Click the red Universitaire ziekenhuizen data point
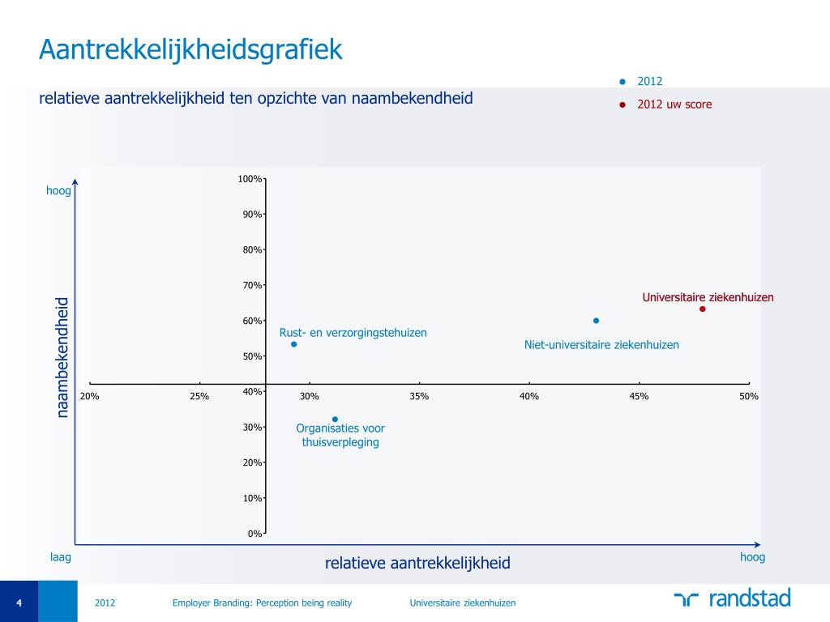point(703,309)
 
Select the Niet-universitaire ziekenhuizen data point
point(596,321)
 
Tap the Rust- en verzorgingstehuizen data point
point(293,344)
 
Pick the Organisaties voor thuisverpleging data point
point(335,420)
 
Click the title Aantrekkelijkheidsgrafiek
point(190,50)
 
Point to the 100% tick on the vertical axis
point(250,178)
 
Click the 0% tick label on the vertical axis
point(254,534)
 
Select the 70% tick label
point(251,285)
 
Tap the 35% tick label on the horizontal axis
point(419,396)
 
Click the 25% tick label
point(199,396)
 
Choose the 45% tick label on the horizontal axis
point(639,396)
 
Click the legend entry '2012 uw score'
point(674,104)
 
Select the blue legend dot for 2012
point(622,81)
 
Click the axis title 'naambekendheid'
point(62,358)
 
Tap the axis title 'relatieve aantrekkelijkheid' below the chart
point(417,563)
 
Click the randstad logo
point(731,599)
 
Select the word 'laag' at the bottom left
point(61,557)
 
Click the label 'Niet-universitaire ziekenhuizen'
point(601,345)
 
